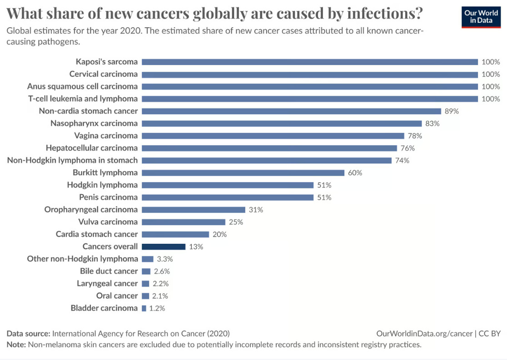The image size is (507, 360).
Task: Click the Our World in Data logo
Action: coord(481,17)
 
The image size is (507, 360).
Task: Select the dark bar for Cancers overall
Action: coord(164,247)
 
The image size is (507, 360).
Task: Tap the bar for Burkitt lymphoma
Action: coord(243,173)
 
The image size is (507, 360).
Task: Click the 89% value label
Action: coord(452,111)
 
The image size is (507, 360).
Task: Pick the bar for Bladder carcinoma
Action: coord(144,308)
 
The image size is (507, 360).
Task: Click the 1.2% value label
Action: coord(157,308)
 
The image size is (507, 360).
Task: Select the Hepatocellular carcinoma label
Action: coord(92,148)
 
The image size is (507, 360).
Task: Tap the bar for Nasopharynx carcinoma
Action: coord(282,123)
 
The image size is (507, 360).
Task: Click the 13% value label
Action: coord(196,247)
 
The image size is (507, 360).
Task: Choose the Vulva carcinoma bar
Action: coord(184,222)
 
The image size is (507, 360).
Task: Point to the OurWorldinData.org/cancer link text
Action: coord(424,333)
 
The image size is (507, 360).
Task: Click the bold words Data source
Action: coord(28,333)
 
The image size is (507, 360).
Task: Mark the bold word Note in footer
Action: coord(16,345)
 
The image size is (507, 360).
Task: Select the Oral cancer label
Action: coord(117,296)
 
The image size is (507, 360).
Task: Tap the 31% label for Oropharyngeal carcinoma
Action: coord(256,210)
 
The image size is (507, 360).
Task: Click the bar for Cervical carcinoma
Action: coord(310,74)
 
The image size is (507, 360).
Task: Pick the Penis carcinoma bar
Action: coord(228,197)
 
